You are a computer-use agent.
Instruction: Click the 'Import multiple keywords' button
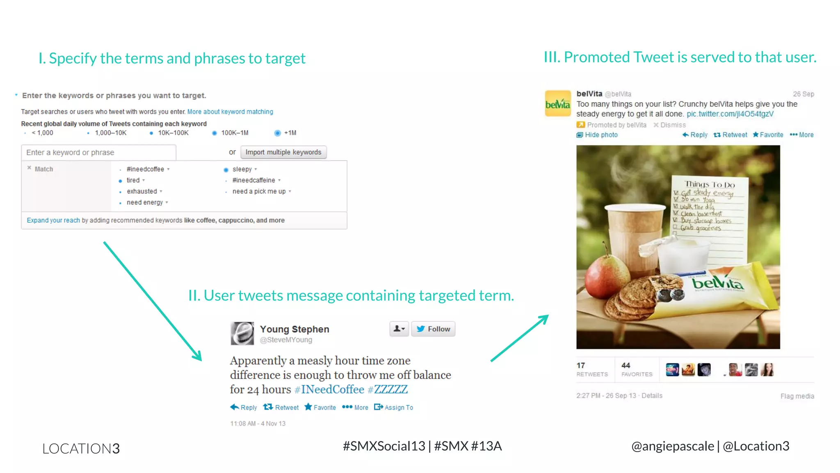pyautogui.click(x=283, y=152)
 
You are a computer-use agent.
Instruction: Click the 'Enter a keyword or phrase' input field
pyautogui.click(x=98, y=152)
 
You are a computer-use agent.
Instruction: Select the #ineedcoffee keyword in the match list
pyautogui.click(x=145, y=169)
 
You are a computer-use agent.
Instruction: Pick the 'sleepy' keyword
pyautogui.click(x=242, y=169)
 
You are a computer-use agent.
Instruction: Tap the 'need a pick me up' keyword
pyautogui.click(x=259, y=191)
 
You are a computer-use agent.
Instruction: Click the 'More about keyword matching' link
pyautogui.click(x=230, y=112)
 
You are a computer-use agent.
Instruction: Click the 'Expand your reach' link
pyautogui.click(x=53, y=220)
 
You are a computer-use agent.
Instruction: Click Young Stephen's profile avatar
pyautogui.click(x=242, y=333)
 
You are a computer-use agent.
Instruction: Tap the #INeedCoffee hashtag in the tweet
pyautogui.click(x=329, y=389)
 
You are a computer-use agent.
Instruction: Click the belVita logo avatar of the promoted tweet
pyautogui.click(x=558, y=103)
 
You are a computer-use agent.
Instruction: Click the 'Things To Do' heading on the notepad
pyautogui.click(x=710, y=184)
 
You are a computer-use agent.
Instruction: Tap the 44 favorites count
pyautogui.click(x=626, y=365)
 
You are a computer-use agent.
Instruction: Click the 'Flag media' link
pyautogui.click(x=797, y=396)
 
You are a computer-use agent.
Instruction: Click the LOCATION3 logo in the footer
pyautogui.click(x=81, y=448)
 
